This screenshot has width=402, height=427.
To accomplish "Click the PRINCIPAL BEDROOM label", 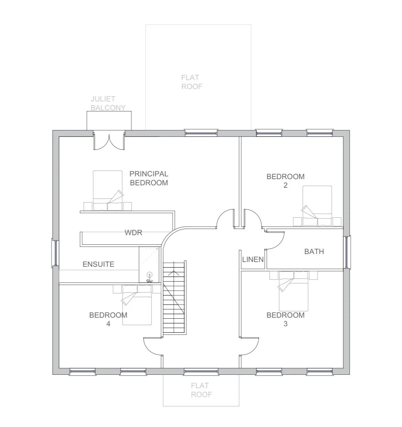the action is [149, 178].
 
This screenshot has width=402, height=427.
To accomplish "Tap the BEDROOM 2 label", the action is [286, 180].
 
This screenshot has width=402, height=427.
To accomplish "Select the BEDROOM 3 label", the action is [286, 319].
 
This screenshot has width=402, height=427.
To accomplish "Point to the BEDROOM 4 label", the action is [108, 319].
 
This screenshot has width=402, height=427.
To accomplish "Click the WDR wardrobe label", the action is [133, 232].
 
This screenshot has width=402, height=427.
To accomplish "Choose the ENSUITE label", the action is [99, 264].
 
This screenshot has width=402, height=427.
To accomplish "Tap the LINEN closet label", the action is [253, 259].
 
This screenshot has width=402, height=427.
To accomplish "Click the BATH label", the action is [314, 251].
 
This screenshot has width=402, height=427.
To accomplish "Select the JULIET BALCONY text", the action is [108, 103].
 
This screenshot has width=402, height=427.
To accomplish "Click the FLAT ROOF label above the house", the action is [192, 82].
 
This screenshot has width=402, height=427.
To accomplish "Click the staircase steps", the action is [174, 297].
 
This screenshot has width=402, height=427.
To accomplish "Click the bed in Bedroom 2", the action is [317, 206].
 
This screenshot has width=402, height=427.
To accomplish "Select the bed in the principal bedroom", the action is [108, 190].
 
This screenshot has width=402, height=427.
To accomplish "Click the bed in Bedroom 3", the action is [293, 291].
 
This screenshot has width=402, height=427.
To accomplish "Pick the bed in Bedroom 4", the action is [137, 305].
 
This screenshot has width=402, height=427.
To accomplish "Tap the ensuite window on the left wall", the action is [55, 253].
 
